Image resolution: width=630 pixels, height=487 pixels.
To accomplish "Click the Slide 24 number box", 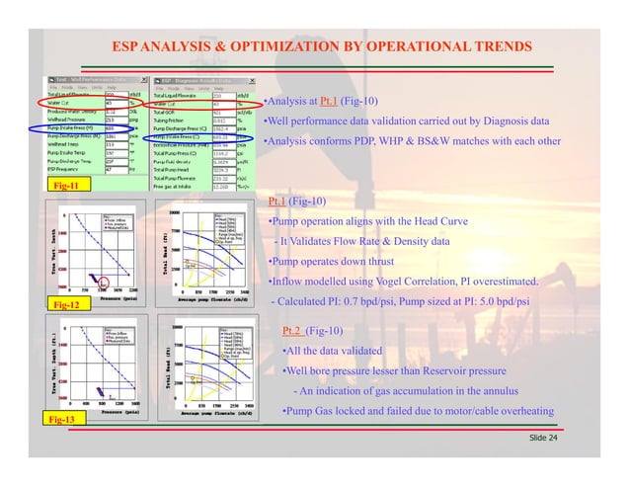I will click(x=542, y=436).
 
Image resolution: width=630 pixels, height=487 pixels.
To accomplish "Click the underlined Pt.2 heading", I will click(x=293, y=330).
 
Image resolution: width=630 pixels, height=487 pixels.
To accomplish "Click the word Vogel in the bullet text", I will click(x=370, y=282).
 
